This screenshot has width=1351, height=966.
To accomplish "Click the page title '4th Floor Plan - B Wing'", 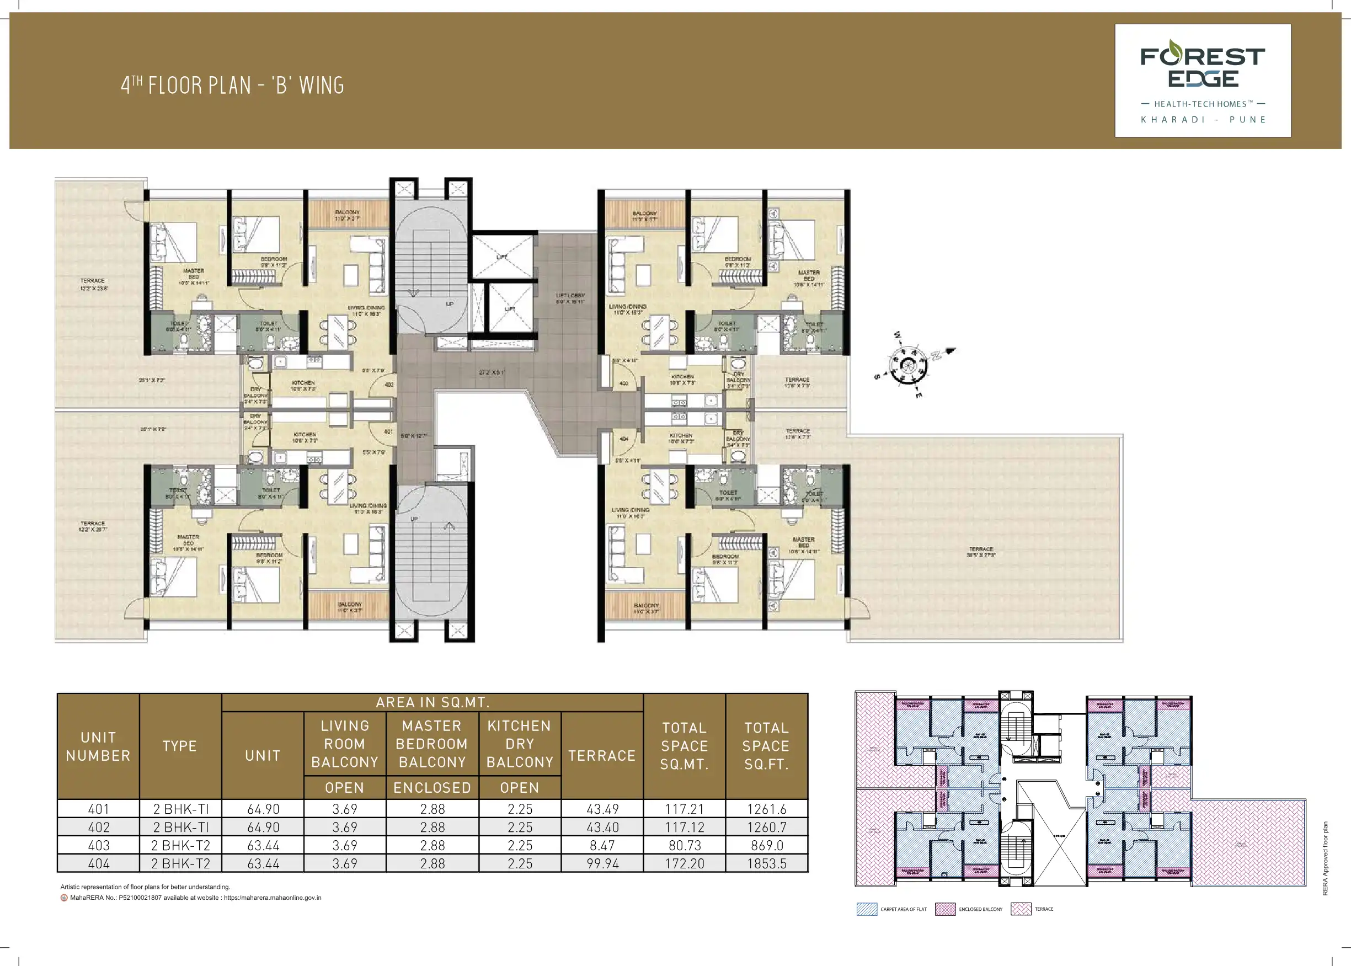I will [232, 86].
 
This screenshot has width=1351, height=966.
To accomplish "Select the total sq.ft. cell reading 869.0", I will [766, 845].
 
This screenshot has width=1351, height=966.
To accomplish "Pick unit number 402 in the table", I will [99, 827].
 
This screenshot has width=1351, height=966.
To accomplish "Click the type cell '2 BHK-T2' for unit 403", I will [180, 845].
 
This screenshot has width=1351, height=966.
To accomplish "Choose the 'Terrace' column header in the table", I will [602, 755].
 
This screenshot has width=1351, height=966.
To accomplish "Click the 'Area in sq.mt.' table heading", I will [432, 702].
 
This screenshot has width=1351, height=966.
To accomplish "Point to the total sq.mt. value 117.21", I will [685, 809].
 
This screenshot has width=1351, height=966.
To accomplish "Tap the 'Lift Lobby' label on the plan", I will [570, 298].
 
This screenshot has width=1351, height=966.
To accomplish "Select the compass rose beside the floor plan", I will [908, 365].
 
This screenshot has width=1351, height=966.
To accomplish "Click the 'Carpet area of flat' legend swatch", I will [867, 909].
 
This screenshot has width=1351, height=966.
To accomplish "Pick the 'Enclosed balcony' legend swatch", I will [945, 909].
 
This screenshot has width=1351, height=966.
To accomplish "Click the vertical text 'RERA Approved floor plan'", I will [1325, 858].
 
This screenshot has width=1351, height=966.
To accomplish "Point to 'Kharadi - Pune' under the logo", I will [1203, 120].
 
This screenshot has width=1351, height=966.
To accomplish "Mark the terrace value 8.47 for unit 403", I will [602, 845].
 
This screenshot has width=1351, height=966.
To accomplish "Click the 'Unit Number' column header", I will [98, 746].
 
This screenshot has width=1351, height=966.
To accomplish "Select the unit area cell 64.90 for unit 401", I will [263, 809].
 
